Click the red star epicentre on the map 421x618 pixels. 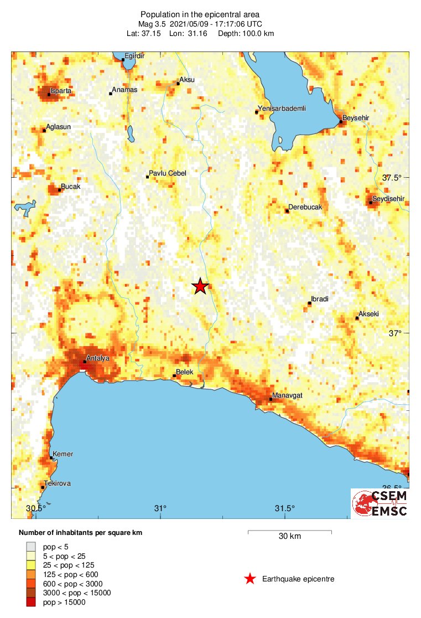200,286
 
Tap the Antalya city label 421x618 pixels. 98,358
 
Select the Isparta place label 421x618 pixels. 61,90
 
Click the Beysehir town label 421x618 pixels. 356,118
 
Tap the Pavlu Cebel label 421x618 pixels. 168,173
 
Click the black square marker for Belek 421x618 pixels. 174,376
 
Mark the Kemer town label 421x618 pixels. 63,454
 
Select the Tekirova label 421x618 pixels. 58,483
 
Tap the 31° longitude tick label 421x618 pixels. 160,508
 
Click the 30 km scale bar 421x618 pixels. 289,533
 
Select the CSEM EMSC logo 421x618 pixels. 381,503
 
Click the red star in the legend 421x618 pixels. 250,579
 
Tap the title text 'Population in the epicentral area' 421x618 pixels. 200,14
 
